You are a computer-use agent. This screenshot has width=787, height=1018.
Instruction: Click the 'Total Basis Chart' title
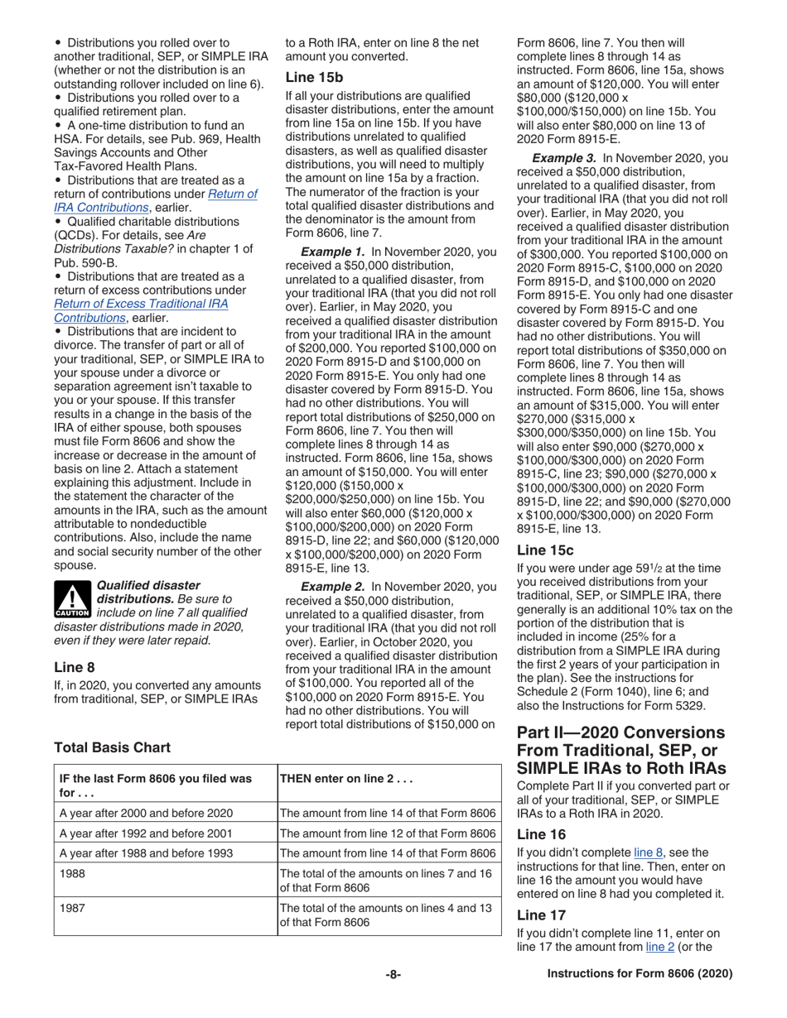tap(112, 747)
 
